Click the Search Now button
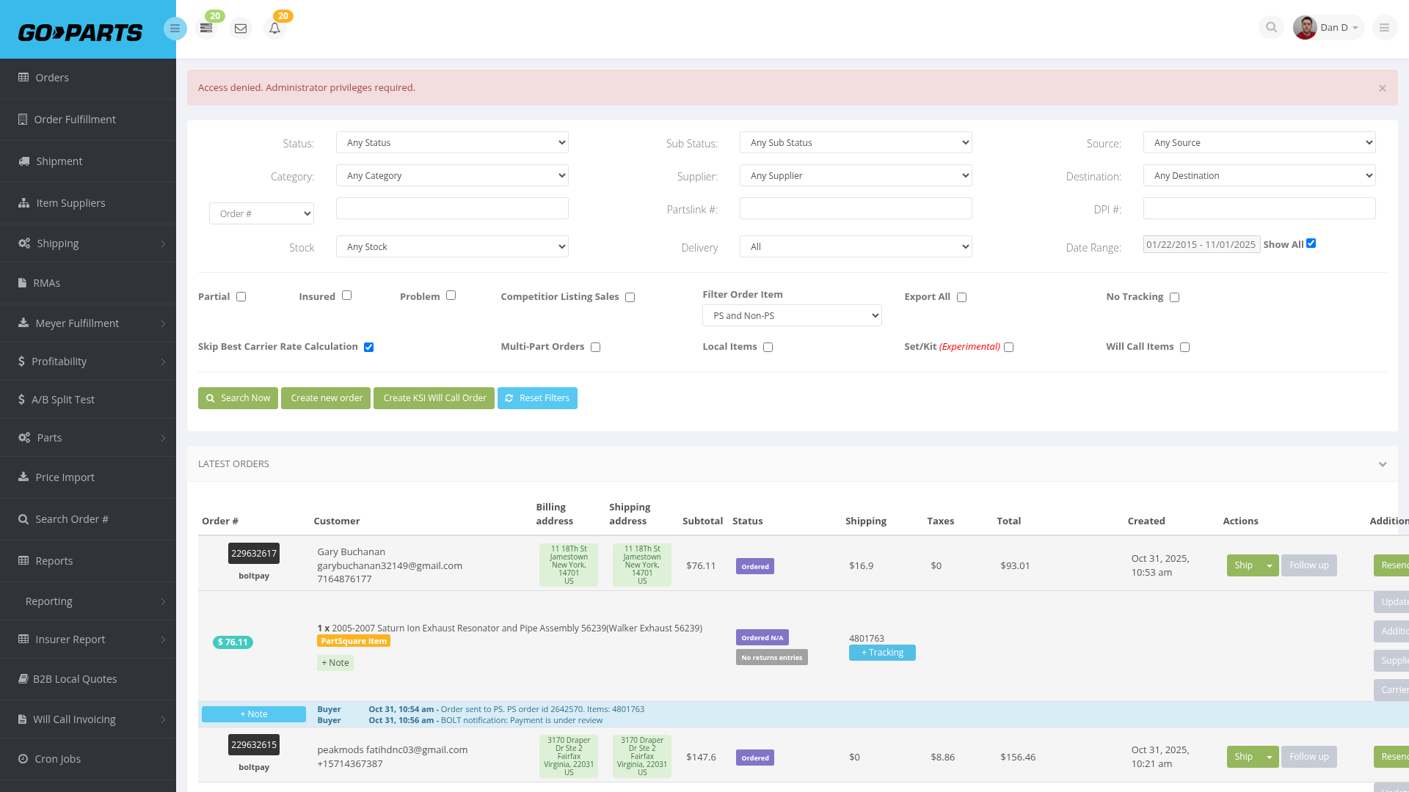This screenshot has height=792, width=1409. click(x=238, y=398)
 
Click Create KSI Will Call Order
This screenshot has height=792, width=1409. click(x=434, y=398)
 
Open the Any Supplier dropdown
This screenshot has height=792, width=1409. click(x=856, y=175)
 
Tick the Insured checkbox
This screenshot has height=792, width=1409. click(x=347, y=296)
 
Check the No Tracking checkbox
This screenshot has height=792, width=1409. click(x=1175, y=297)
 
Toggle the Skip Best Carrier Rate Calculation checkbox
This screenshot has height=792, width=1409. click(x=369, y=347)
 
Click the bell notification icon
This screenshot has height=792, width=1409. click(x=274, y=29)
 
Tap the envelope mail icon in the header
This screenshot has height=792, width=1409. click(x=241, y=29)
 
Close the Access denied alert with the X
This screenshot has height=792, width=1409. click(x=1383, y=88)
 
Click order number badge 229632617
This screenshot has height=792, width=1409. click(x=254, y=554)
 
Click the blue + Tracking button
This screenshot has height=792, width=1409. click(x=882, y=653)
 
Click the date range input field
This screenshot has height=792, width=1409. click(x=1201, y=244)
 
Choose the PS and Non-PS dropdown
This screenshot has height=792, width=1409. click(x=792, y=315)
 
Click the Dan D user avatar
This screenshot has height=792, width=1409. click(x=1305, y=28)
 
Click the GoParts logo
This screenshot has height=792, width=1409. click(x=81, y=32)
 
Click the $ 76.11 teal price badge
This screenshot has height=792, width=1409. click(x=233, y=642)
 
